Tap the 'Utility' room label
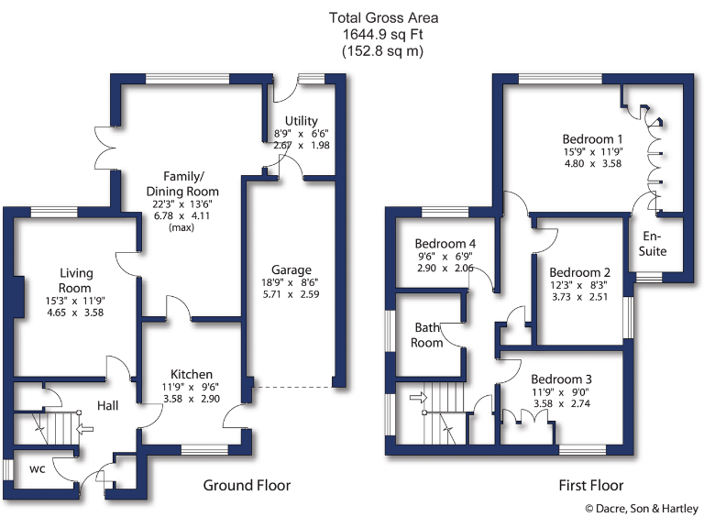coord(301,120)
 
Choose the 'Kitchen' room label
coord(192,374)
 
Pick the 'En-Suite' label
coord(654,243)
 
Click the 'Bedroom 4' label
coord(445,243)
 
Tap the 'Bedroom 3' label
coord(561,379)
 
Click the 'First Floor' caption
coord(591,485)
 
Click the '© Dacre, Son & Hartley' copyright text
coord(642,509)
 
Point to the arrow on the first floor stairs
coord(417,397)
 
